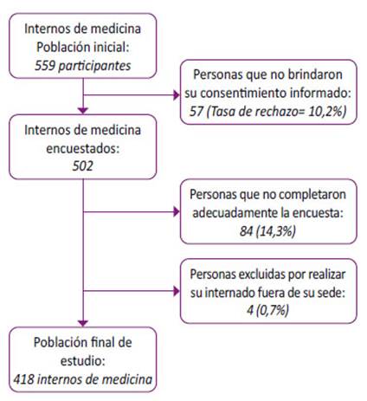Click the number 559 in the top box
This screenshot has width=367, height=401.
(45, 66)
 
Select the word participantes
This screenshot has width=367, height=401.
(94, 67)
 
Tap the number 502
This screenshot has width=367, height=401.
(83, 166)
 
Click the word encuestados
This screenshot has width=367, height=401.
(83, 148)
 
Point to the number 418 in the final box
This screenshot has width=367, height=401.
(24, 379)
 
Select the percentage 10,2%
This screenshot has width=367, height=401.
(325, 112)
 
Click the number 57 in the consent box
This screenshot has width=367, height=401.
(196, 112)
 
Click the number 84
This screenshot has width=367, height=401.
(246, 231)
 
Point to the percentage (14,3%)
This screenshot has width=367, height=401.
(276, 231)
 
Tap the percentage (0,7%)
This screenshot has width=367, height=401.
(272, 311)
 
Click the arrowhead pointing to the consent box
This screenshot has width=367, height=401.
(177, 94)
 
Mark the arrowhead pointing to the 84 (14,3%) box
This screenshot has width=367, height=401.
(177, 212)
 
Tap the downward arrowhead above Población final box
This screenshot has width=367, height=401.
(83, 323)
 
